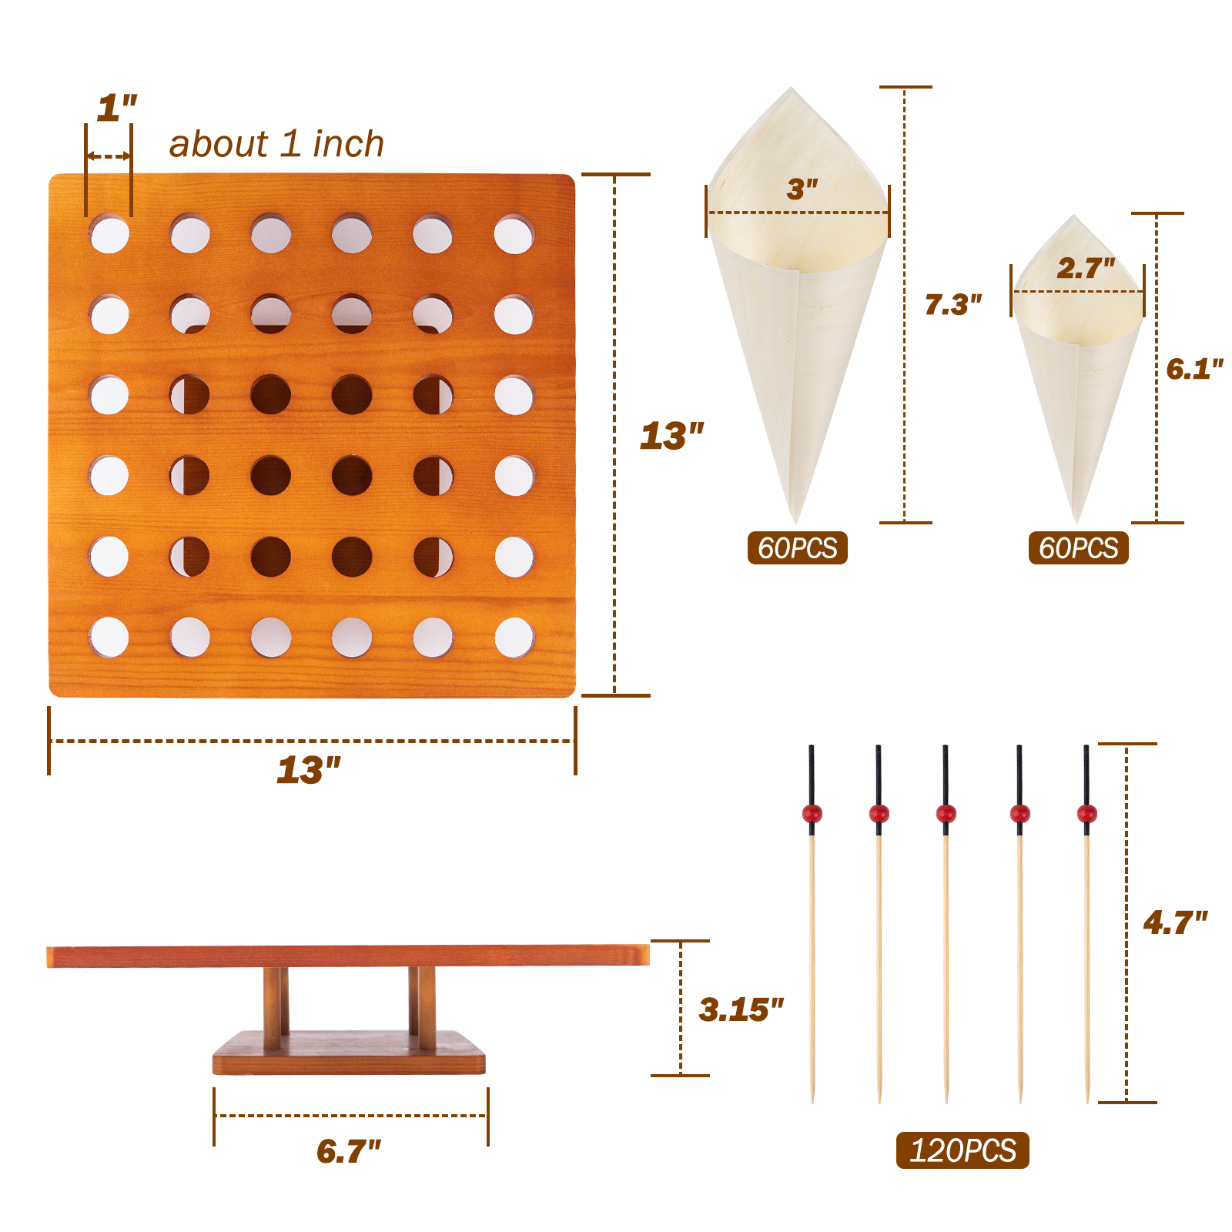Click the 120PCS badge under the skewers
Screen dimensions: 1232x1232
[x=962, y=1150]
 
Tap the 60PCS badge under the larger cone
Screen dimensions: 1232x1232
[x=798, y=547]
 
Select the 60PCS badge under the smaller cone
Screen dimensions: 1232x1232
[x=1079, y=547]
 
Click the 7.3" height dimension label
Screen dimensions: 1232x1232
[x=953, y=304]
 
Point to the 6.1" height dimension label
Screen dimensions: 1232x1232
[x=1194, y=369]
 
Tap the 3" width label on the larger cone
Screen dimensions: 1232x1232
[x=802, y=189]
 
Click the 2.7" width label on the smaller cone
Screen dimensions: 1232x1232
[x=1086, y=268]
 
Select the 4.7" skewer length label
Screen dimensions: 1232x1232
[x=1175, y=922]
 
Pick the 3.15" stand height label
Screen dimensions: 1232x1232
[x=741, y=1009]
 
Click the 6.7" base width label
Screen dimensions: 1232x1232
[x=349, y=1151]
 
